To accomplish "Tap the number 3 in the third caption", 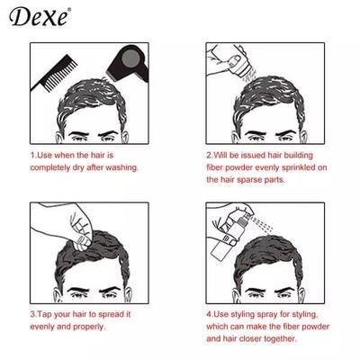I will click(31, 315).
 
